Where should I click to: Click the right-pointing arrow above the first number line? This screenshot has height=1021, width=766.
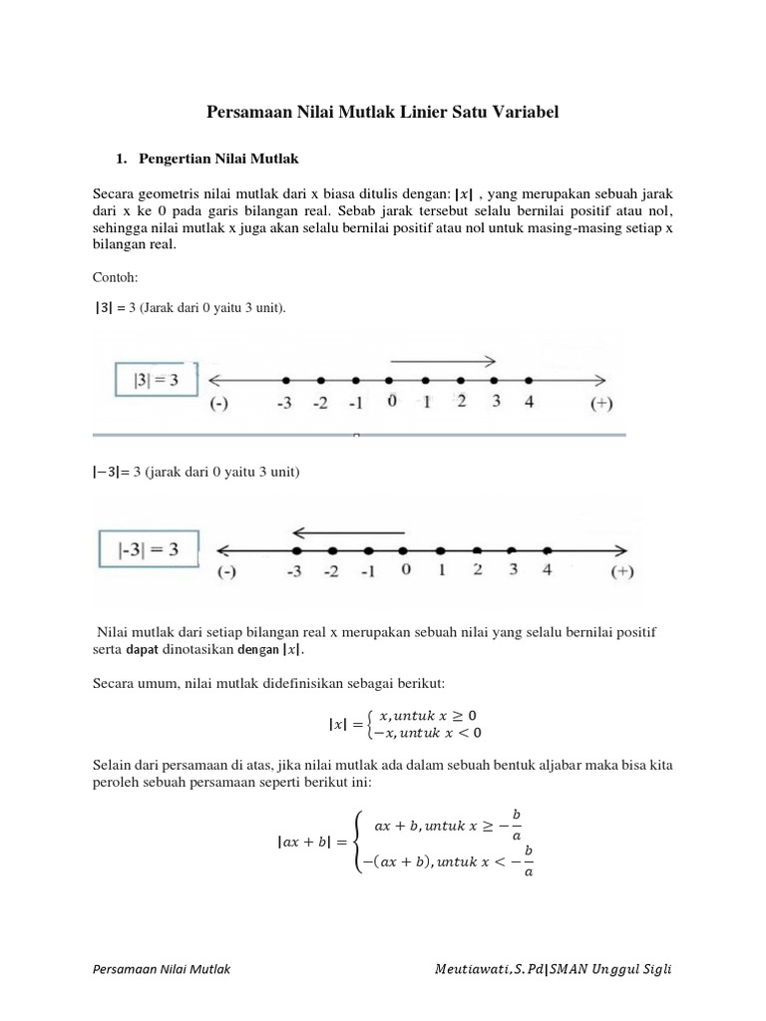click(443, 361)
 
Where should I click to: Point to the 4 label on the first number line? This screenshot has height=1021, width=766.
click(529, 402)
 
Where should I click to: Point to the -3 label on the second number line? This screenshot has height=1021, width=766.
click(295, 572)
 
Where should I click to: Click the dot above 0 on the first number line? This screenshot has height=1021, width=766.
click(390, 381)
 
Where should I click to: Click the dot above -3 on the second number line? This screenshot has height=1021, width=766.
click(296, 550)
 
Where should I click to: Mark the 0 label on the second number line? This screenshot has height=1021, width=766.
click(405, 571)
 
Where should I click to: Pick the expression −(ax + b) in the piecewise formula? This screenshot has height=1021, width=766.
click(395, 857)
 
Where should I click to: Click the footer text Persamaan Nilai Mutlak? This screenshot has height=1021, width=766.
click(160, 970)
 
